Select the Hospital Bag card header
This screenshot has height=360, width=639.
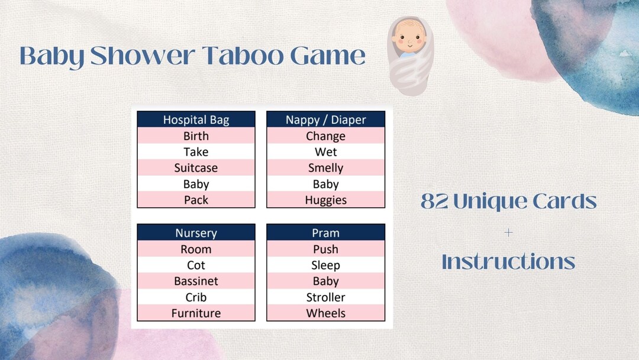coord(196,120)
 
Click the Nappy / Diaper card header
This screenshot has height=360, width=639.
coord(325,120)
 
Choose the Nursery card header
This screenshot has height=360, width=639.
coord(196,233)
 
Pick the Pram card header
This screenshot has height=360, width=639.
coord(325,233)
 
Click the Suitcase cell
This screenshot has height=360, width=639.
coord(196,168)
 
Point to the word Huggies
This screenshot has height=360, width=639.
coord(325,200)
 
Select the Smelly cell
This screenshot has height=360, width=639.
coord(325,168)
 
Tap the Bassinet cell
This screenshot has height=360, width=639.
coord(196,281)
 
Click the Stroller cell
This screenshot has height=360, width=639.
coord(325,297)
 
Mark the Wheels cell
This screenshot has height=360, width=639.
coord(325,313)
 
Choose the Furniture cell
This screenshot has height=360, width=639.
coord(196,313)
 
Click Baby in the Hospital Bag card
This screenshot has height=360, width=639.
coord(196,184)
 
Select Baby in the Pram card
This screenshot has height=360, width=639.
coord(325,281)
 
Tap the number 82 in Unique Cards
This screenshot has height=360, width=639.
coord(435,202)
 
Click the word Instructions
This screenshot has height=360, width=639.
coord(508,262)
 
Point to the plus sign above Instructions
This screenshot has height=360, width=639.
coord(508,233)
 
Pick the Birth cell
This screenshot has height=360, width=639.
coord(196,136)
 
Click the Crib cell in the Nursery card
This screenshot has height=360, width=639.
coord(196,297)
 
